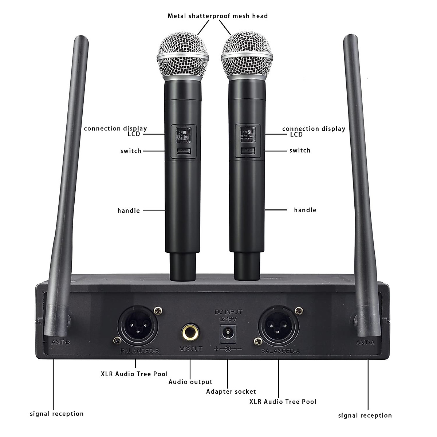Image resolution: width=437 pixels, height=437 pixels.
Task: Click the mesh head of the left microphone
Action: pyautogui.click(x=183, y=53)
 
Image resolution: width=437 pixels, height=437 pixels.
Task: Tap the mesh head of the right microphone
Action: pyautogui.click(x=247, y=53)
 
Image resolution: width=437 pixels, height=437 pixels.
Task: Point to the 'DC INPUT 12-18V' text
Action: pyautogui.click(x=228, y=315)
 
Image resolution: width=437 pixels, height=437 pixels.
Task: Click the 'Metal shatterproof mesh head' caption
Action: pyautogui.click(x=217, y=16)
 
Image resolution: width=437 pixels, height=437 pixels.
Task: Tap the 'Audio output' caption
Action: pyautogui.click(x=190, y=382)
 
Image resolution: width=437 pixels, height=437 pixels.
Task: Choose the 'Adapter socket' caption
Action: pyautogui.click(x=231, y=391)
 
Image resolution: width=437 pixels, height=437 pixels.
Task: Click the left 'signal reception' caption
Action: pyautogui.click(x=57, y=414)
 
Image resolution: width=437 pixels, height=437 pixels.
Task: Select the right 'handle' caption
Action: pyautogui.click(x=305, y=210)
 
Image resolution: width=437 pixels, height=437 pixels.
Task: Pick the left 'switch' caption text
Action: pyautogui.click(x=131, y=151)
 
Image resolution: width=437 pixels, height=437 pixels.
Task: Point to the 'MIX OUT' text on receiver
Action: pyautogui.click(x=191, y=349)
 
